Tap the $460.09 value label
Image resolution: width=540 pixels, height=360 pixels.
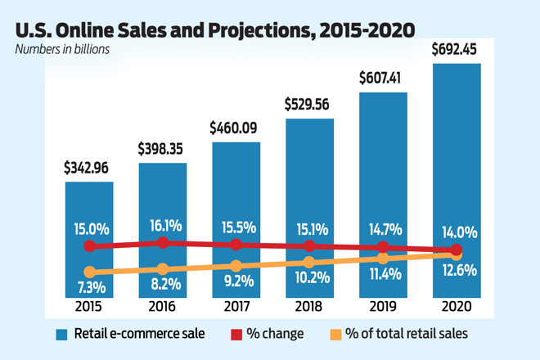pyautogui.click(x=236, y=128)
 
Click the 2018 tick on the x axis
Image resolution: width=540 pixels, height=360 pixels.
pyautogui.click(x=309, y=307)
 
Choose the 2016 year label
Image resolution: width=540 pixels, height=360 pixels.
pyautogui.click(x=163, y=307)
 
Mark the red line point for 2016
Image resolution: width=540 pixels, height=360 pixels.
pyautogui.click(x=163, y=242)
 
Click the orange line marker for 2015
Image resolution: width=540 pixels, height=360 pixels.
pyautogui.click(x=89, y=272)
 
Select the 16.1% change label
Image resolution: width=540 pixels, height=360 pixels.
pyautogui.click(x=163, y=223)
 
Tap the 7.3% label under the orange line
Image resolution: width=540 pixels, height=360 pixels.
pyautogui.click(x=89, y=287)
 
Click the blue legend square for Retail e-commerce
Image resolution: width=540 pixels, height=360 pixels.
pyautogui.click(x=61, y=334)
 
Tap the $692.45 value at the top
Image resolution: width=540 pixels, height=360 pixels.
pyautogui.click(x=457, y=48)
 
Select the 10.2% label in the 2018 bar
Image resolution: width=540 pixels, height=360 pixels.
pyautogui.click(x=309, y=277)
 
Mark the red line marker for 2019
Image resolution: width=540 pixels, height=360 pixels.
pyautogui.click(x=383, y=247)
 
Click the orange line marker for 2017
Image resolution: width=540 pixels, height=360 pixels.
pyautogui.click(x=236, y=266)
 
